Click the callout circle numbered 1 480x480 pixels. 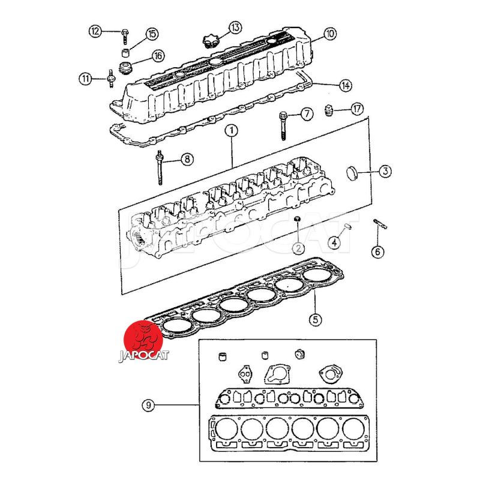pyautogui.click(x=232, y=130)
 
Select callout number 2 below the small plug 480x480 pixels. pyautogui.click(x=298, y=247)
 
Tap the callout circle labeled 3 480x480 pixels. pyautogui.click(x=385, y=171)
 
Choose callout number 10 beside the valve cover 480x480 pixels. pyautogui.click(x=329, y=34)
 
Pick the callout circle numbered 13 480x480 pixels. pyautogui.click(x=234, y=27)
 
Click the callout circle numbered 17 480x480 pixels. pyautogui.click(x=357, y=109)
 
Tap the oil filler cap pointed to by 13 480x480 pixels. pyautogui.click(x=210, y=42)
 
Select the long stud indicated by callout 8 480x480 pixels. pyautogui.click(x=161, y=168)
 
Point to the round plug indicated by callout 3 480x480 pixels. pyautogui.click(x=352, y=173)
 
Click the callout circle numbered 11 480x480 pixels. pyautogui.click(x=86, y=78)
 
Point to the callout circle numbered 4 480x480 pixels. pyautogui.click(x=335, y=243)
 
